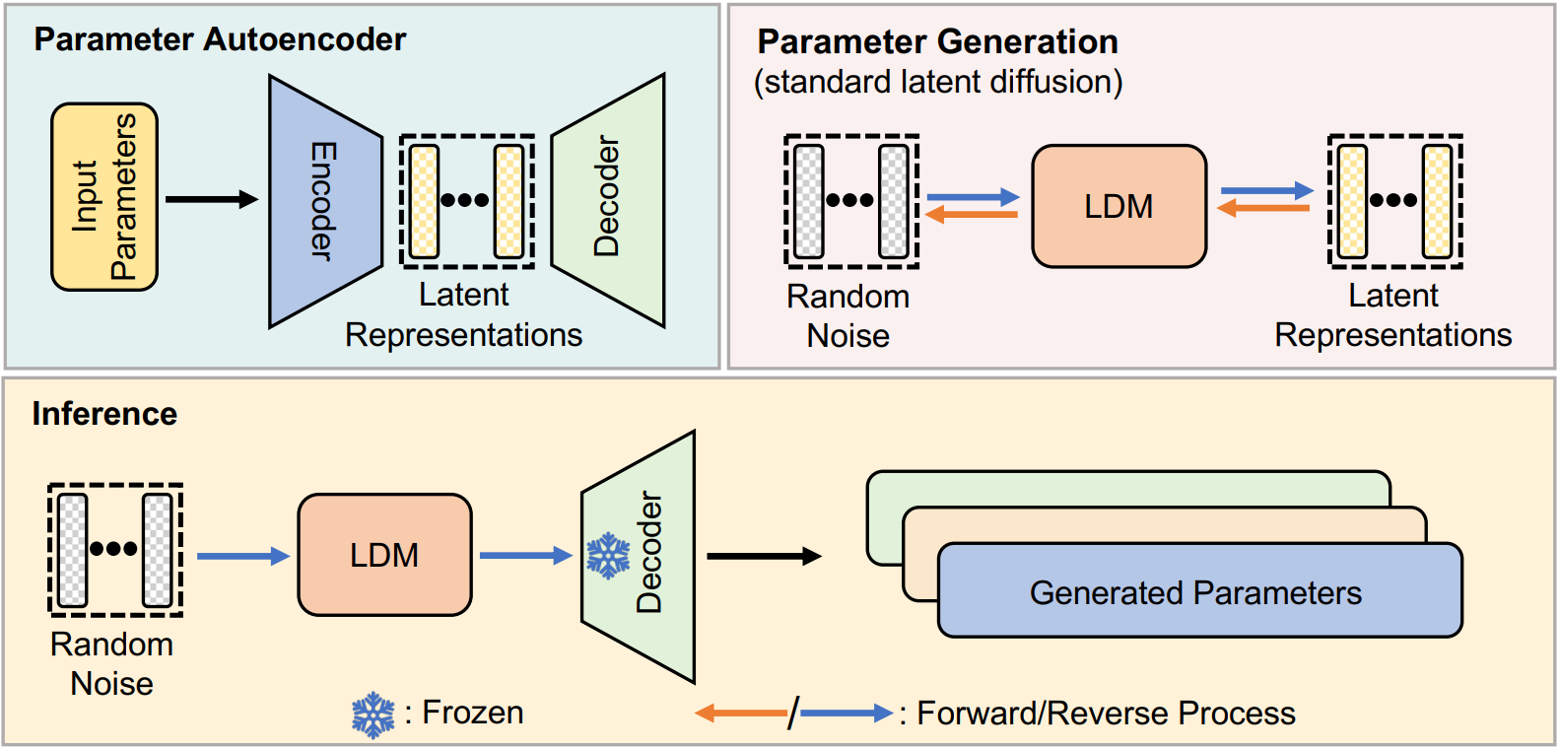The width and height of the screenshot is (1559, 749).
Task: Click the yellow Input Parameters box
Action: [x=104, y=197]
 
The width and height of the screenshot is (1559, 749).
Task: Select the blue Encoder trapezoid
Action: [x=324, y=201]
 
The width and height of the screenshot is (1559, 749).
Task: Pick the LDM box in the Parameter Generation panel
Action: [x=1118, y=206]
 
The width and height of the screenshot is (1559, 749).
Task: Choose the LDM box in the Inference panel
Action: [x=384, y=555]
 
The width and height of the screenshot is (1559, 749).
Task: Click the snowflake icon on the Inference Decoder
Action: [x=608, y=556]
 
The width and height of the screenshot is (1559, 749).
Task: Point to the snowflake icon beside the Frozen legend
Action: [x=373, y=715]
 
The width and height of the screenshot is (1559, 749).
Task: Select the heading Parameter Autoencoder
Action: [x=220, y=39]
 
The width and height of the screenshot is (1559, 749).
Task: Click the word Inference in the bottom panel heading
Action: [x=104, y=414]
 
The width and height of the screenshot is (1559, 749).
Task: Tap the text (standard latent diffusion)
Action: [x=938, y=82]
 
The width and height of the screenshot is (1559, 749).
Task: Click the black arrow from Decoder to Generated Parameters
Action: [x=764, y=556]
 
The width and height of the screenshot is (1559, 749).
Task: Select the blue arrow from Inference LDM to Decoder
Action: [x=525, y=556]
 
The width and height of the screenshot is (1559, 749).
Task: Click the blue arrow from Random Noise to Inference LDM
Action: [x=242, y=556]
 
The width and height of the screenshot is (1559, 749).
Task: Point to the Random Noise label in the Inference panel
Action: [x=112, y=663]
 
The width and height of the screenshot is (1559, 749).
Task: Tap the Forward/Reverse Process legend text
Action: [x=1106, y=713]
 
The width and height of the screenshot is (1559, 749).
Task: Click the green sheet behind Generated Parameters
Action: [x=1123, y=487]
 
